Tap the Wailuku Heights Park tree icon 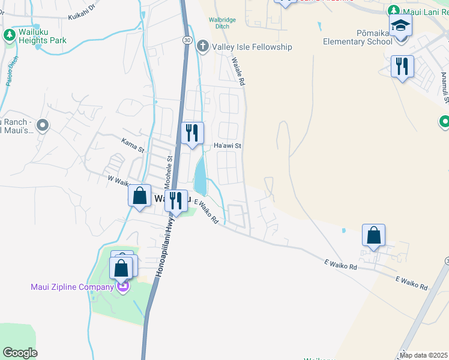[10, 35]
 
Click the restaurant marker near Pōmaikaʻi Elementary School [402, 66]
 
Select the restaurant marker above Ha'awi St [192, 133]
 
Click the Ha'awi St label [228, 146]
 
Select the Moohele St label [170, 171]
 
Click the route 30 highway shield [188, 40]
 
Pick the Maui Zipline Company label [72, 287]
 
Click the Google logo [20, 353]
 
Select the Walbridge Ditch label [222, 23]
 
